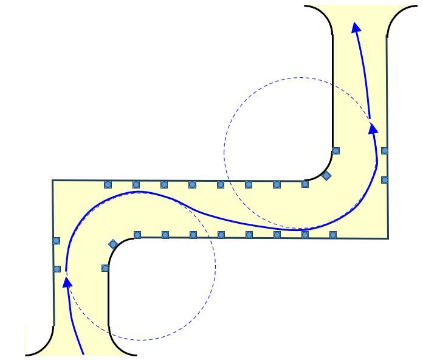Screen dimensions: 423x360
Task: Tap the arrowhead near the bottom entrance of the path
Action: [68, 282]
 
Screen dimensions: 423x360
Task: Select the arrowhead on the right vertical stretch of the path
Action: [373, 128]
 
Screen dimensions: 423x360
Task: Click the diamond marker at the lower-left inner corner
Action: [113, 244]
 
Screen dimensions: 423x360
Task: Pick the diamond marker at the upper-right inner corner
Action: [326, 176]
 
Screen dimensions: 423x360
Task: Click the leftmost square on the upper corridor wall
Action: [108, 184]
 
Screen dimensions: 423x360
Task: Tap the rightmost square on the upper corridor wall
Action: [305, 184]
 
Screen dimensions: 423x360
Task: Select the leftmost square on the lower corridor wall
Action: [137, 235]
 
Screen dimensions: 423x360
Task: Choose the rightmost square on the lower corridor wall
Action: [333, 235]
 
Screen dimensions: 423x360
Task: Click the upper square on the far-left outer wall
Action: [57, 241]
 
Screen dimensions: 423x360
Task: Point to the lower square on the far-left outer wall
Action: [57, 269]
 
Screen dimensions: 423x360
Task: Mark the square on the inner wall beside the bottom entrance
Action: [105, 268]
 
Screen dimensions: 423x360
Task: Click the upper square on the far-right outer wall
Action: [384, 150]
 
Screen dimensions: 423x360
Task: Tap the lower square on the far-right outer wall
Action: [384, 180]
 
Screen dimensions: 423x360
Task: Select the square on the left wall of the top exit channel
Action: [335, 151]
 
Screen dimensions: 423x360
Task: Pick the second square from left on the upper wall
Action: [136, 184]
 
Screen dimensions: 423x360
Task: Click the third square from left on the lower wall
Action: [193, 235]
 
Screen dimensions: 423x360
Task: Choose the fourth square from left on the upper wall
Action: [192, 184]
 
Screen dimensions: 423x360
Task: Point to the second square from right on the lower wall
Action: [305, 235]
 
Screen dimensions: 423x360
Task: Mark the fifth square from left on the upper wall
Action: [221, 184]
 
